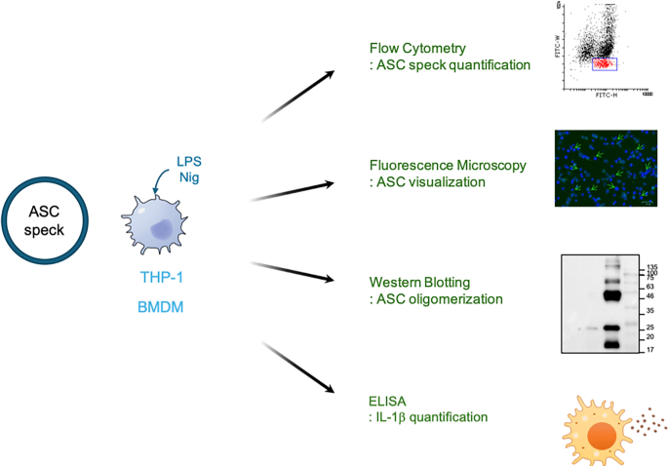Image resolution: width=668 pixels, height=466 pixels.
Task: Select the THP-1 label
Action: (x=160, y=277)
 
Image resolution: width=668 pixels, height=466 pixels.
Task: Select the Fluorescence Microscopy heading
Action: (x=448, y=165)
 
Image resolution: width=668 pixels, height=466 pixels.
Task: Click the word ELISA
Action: (x=387, y=400)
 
